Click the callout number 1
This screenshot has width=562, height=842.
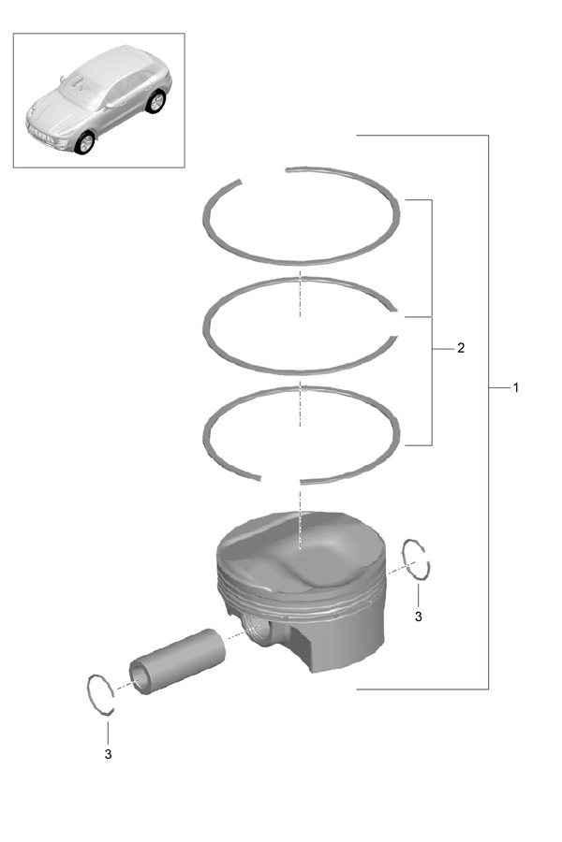[516, 387]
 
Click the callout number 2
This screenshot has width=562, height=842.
[461, 348]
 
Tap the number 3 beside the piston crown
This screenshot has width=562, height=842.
[419, 617]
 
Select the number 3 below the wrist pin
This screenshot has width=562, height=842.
[108, 754]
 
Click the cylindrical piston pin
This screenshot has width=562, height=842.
[177, 661]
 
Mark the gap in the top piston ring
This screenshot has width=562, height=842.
[262, 173]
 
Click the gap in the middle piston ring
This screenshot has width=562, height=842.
[397, 324]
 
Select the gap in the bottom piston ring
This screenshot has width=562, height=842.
[280, 480]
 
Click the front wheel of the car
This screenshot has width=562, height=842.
[85, 142]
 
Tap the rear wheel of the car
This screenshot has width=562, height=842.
[156, 101]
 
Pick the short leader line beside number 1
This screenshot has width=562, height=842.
[498, 387]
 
